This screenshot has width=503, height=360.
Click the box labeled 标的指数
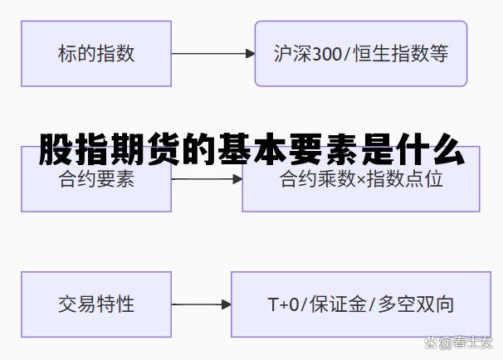coord(96,54)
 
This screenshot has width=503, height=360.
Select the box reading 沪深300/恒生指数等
coord(360,54)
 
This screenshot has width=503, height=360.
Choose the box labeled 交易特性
coord(96,304)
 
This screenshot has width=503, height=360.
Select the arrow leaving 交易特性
coord(201,304)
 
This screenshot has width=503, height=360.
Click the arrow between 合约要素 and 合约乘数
coord(207,179)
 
